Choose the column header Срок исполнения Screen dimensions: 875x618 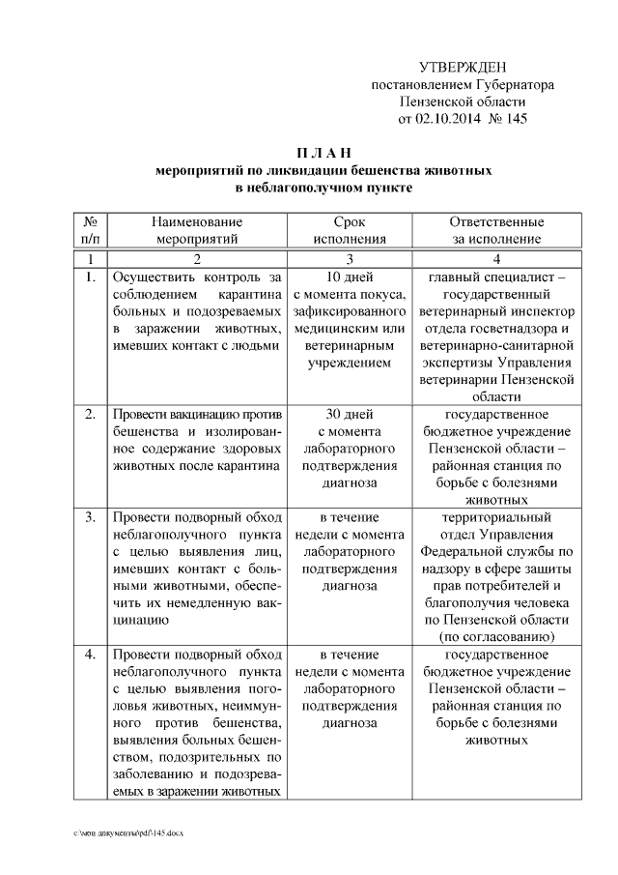(349, 231)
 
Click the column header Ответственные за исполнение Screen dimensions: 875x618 (496, 231)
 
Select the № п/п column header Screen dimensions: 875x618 (90, 231)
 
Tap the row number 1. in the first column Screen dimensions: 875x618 (90, 277)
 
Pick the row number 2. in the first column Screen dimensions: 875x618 (90, 414)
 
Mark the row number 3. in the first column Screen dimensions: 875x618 (90, 516)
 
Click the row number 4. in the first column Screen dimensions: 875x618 (90, 655)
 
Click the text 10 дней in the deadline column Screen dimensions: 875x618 (349, 277)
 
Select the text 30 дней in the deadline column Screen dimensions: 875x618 (349, 414)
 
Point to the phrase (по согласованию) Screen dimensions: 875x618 (496, 637)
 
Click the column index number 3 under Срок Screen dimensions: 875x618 (349, 259)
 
